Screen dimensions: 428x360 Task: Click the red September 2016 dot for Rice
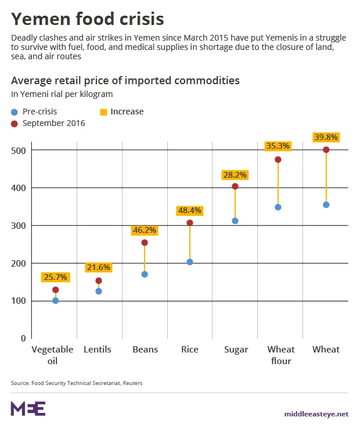pos(190,223)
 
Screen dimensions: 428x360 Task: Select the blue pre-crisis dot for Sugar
pos(235,221)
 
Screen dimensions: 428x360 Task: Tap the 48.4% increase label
pos(190,209)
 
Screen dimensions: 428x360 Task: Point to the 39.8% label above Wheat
pos(326,137)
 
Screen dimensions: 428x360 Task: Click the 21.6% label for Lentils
pos(99,267)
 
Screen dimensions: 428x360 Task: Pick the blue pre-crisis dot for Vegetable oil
pos(56,300)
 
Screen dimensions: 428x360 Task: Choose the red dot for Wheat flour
pos(278,160)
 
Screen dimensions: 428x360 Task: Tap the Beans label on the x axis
pos(145,350)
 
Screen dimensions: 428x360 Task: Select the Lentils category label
pos(98,350)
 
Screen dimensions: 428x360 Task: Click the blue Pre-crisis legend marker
pos(15,112)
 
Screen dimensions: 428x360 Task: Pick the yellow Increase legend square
pos(103,112)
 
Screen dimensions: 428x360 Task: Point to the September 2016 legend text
pos(54,123)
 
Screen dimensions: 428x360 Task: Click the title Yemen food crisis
pos(87,19)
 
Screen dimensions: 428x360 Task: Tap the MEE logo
pos(28,409)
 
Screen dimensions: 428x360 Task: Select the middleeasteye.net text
pos(316,414)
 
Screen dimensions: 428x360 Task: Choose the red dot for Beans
pos(145,243)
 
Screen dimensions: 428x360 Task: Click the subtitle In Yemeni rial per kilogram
pos(62,93)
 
